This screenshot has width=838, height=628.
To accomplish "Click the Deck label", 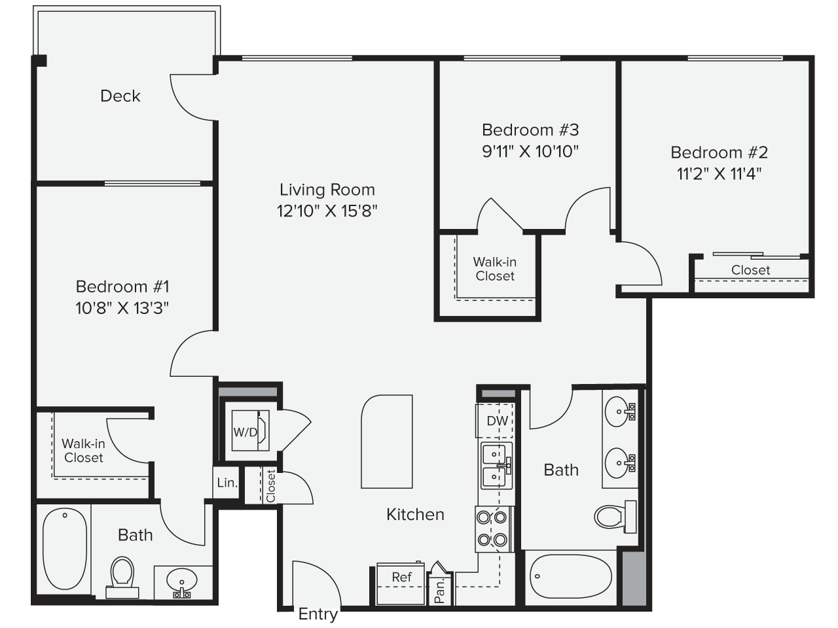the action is [120, 96].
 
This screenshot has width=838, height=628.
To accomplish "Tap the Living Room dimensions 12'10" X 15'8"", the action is [327, 211].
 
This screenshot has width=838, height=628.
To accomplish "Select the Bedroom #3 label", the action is [530, 130].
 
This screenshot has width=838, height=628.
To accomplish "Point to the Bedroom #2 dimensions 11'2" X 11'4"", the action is [719, 174].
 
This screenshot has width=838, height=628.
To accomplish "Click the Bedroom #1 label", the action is [122, 287].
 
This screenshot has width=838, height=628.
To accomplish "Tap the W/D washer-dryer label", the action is [246, 432].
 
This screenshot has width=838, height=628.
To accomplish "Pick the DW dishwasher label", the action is [498, 421].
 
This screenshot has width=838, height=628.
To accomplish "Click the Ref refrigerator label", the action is [401, 577].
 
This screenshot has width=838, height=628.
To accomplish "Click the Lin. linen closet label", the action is [227, 483].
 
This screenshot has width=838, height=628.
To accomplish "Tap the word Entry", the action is [318, 614].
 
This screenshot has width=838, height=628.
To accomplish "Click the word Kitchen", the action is [415, 514].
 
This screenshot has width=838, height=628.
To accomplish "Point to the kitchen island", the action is [387, 442].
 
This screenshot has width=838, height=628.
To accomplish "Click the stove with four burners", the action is [495, 529].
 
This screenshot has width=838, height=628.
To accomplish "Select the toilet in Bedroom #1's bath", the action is [122, 577].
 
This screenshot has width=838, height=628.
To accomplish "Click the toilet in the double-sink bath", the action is [615, 517].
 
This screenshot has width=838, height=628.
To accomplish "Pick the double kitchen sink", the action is [496, 466].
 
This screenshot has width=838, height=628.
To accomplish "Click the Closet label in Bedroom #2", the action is [750, 270].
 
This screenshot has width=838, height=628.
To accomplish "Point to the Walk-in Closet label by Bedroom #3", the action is [495, 269].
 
